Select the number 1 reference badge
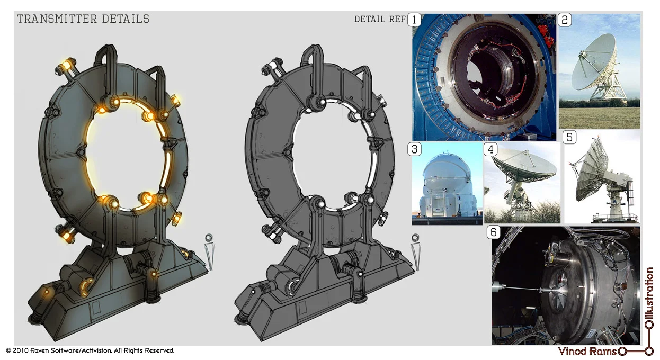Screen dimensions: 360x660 tap(414, 20)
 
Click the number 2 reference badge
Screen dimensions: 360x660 tap(565, 20)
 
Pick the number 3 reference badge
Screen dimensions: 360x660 tap(414, 149)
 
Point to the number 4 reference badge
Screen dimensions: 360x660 tap(490, 149)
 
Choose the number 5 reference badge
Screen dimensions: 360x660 tap(569, 137)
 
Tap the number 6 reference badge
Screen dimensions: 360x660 tap(493, 232)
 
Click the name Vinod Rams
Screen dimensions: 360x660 tap(587, 351)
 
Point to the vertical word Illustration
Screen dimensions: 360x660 tap(649, 294)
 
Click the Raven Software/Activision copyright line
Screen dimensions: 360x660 tap(90, 350)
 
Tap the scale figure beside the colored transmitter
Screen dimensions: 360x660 tap(210, 251)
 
